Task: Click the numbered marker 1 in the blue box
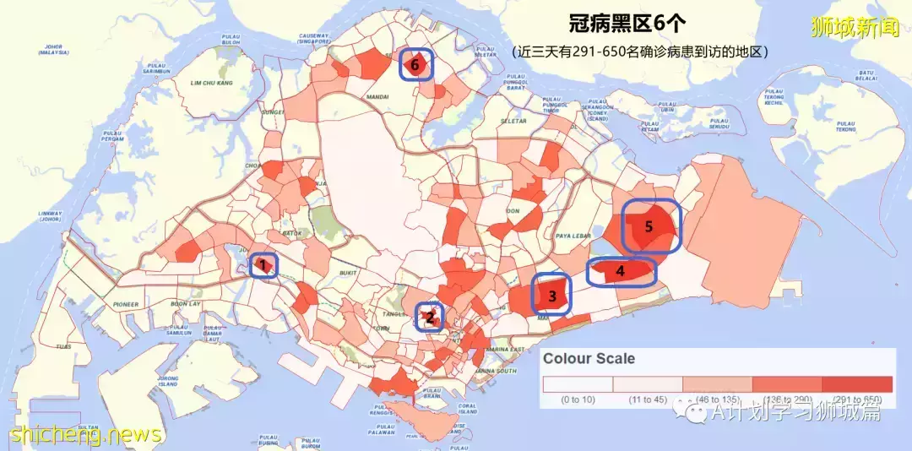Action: (x=263, y=266)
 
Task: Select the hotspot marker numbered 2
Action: (x=430, y=318)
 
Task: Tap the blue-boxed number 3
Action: (x=551, y=295)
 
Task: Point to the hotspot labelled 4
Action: (x=621, y=272)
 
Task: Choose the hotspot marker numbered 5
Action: (x=649, y=225)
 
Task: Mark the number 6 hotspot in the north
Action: (x=415, y=63)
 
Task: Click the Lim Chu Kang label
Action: (x=210, y=83)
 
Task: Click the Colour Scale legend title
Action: (x=588, y=358)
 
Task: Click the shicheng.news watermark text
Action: (x=84, y=434)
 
